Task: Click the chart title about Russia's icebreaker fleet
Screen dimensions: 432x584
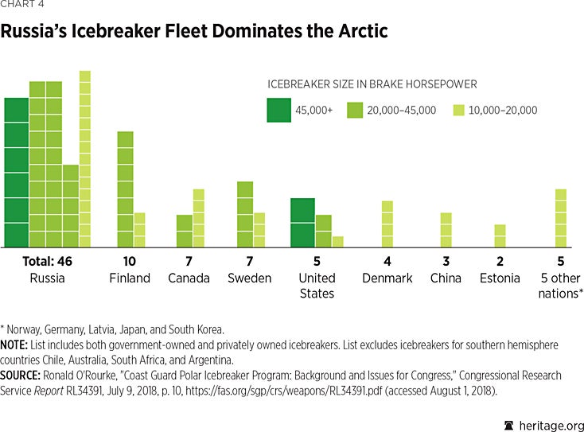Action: (195, 33)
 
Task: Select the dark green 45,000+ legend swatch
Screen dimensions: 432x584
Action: (278, 110)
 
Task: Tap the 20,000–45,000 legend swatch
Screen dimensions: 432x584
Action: (356, 110)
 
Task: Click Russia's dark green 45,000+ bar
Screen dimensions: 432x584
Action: (16, 172)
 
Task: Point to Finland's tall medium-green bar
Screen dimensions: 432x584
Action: (125, 189)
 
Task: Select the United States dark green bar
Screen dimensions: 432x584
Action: (302, 222)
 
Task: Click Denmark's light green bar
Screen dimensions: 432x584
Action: (387, 224)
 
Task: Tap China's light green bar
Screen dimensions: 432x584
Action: (446, 229)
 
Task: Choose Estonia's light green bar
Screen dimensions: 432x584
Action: (500, 235)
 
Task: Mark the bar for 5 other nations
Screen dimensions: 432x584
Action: (560, 218)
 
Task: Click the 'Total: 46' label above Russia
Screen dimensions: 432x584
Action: (47, 262)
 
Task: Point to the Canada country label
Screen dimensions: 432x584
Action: (189, 278)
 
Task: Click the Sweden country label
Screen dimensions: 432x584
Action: (251, 278)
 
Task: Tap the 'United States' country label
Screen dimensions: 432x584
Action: (316, 286)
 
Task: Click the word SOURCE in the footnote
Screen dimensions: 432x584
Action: (23, 375)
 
